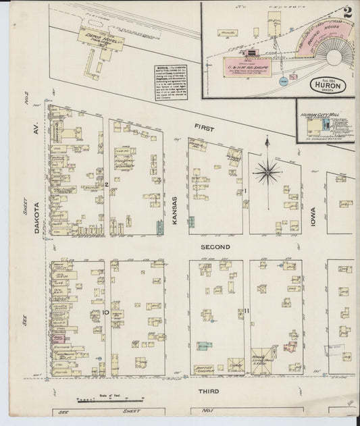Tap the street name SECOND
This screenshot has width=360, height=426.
click(x=216, y=248)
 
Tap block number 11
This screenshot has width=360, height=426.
click(x=247, y=311)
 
